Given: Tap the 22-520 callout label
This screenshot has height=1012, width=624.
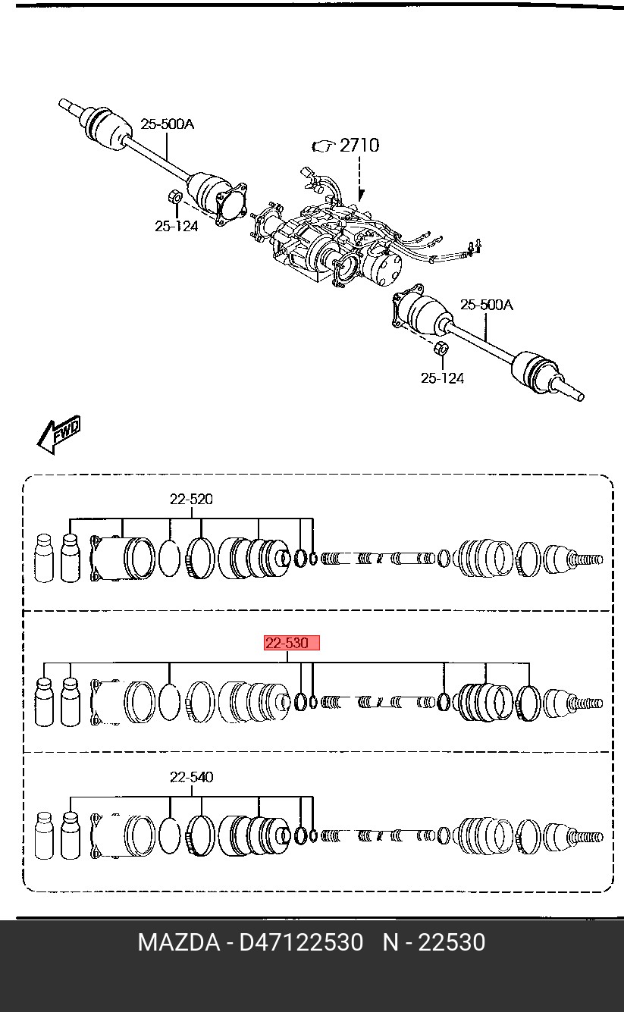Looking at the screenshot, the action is point(191,500).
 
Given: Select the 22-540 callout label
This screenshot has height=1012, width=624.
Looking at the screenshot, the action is point(191,777).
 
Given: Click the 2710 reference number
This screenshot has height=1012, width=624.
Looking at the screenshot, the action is point(359,146).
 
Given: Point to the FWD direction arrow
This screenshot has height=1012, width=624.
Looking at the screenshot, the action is point(58,434).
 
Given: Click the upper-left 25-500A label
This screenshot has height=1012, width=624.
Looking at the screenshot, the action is point(167,124).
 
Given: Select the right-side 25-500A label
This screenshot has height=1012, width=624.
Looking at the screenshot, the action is point(487,305).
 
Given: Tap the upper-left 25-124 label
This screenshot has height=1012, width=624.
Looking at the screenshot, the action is point(176,226).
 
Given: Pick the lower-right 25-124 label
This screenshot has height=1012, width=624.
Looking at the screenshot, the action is point(442,378).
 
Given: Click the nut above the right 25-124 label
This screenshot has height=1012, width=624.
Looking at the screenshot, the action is point(441,349).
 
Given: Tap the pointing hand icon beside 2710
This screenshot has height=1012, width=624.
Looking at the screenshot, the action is point(324,146).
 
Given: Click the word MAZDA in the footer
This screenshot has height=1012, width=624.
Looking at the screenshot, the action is point(179,942).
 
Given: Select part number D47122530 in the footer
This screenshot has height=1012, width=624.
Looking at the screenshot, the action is point(301,942).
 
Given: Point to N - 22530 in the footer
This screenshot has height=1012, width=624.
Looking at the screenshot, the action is point(434,942).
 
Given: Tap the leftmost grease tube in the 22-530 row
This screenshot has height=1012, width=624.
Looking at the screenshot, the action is point(44,702).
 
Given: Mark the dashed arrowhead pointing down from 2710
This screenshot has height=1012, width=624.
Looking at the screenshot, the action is point(360,196).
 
